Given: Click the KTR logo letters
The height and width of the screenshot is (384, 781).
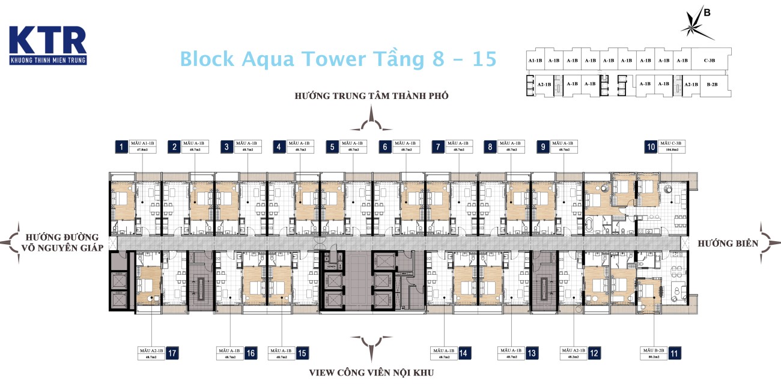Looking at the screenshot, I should [47, 41].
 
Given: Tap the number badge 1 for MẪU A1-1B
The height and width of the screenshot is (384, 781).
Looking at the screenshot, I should [122, 147].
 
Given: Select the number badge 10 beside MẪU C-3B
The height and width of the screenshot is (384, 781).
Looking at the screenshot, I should [649, 147].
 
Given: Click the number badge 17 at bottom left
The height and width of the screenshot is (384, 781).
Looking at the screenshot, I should [172, 353].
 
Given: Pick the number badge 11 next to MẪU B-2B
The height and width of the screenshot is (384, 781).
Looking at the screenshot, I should [675, 353].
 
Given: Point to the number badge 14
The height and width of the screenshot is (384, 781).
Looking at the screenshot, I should [463, 353].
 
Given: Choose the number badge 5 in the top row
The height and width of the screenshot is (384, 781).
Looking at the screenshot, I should [333, 147].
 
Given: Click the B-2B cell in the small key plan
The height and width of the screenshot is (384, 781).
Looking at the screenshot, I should [713, 85].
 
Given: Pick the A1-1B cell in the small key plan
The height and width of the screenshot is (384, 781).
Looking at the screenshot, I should [535, 61].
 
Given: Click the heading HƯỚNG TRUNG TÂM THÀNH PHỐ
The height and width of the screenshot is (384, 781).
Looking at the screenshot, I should [371, 96].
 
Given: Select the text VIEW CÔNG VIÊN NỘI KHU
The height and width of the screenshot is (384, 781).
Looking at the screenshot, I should [371, 373].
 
